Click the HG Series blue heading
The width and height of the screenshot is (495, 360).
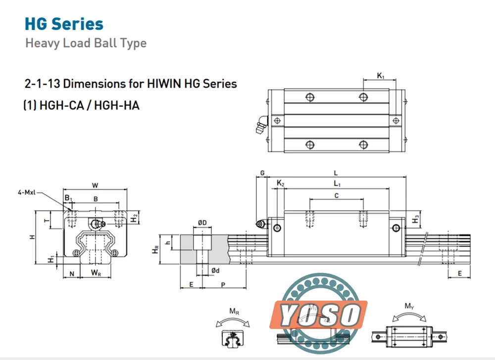pos(64,24)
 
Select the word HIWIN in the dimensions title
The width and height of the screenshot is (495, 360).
pos(164,84)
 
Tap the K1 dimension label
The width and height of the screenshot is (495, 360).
pos(381,76)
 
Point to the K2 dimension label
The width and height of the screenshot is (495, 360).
pos(280,183)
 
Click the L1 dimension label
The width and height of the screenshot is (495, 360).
pos(337,183)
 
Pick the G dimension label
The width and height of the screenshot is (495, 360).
pos(262,173)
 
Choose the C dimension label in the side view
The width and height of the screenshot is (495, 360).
pos(337,196)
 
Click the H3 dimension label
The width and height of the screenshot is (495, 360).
pos(415,219)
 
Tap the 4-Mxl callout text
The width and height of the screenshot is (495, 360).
pos(27,192)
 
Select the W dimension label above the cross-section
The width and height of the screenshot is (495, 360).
pos(95,185)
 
